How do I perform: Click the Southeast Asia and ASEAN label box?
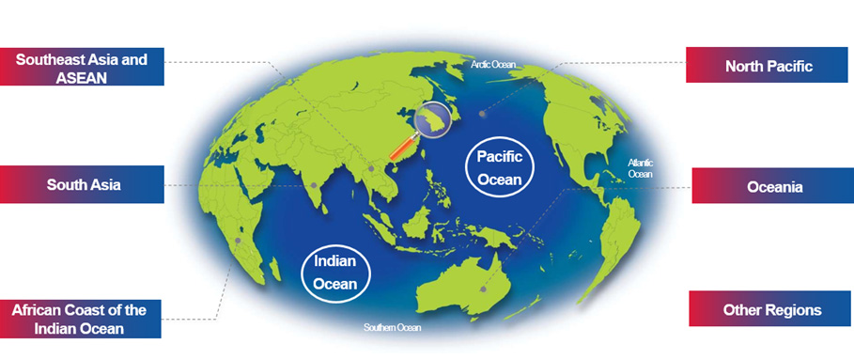83,67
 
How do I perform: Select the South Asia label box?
83,184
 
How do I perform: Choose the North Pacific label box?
768,66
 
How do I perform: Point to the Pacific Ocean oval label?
499,167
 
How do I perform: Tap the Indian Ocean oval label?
335,269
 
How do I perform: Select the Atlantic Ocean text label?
640,168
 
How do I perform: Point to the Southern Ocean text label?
393,328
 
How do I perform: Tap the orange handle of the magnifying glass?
401,149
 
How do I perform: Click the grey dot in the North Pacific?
481,114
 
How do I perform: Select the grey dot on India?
314,185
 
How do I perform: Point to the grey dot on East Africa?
239,241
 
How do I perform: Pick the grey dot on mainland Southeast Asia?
373,169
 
